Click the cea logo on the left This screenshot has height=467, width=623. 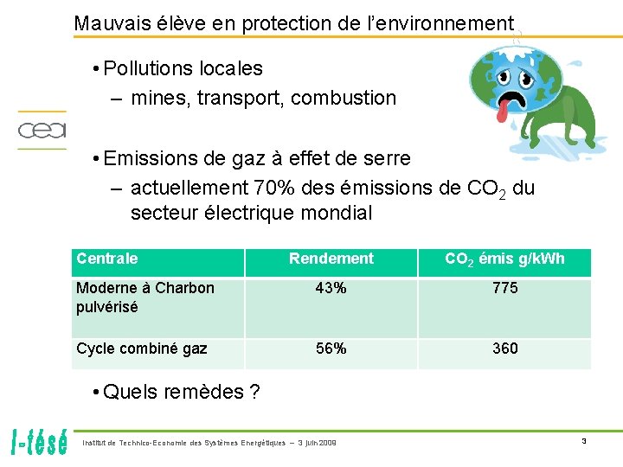(42, 131)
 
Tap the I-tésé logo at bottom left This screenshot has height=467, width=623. (41, 442)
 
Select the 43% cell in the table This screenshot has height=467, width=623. (331, 288)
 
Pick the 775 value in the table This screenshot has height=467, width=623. (504, 288)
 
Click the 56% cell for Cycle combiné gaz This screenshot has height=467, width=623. (331, 349)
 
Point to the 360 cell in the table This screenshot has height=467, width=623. (504, 349)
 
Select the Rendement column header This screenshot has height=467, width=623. (331, 259)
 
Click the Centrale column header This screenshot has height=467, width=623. (107, 259)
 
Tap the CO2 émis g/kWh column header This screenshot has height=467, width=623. (504, 259)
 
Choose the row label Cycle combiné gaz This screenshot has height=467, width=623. (142, 349)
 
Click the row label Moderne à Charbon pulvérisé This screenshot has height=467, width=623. (145, 297)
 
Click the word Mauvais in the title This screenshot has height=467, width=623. (109, 24)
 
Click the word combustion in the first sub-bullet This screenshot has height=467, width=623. (344, 98)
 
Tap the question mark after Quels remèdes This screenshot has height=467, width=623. (254, 392)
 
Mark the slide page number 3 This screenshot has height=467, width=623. (583, 442)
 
